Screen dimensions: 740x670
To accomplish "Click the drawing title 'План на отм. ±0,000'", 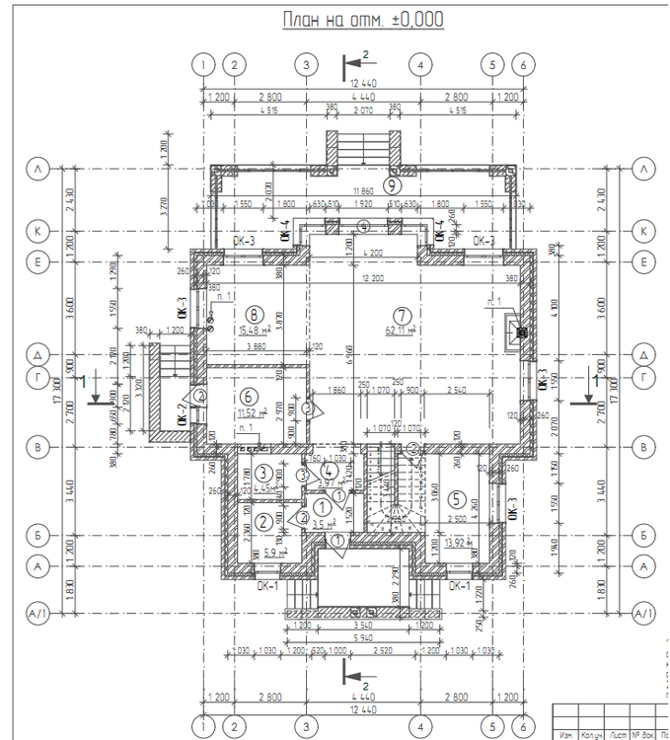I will tap(363, 19).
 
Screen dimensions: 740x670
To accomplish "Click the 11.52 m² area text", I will tap(254, 411).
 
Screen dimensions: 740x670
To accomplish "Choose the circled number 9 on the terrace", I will tap(392, 184).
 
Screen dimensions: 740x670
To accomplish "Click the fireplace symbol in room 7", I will tap(515, 333).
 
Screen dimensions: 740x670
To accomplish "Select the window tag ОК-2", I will tap(183, 413).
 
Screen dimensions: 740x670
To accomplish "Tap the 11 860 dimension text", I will tap(363, 189).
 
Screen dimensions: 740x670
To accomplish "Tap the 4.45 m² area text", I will tap(262, 487).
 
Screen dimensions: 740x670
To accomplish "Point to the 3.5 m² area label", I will tap(323, 525).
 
